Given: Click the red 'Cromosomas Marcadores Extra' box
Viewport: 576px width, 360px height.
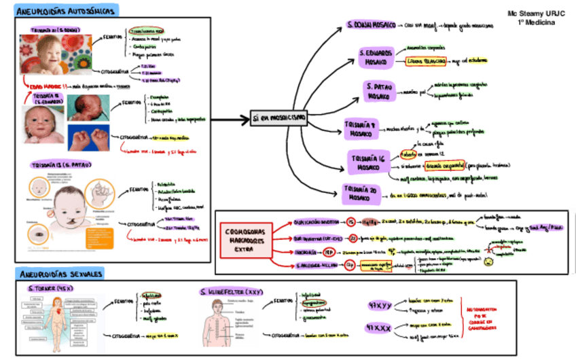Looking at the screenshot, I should pyautogui.click(x=249, y=239).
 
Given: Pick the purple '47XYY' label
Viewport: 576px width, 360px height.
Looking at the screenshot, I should pyautogui.click(x=380, y=304).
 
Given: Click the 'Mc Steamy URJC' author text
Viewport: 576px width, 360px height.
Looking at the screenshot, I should pyautogui.click(x=531, y=13).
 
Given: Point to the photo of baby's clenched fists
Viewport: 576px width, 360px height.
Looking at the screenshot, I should pyautogui.click(x=90, y=139).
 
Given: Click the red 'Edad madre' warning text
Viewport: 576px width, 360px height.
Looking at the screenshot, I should pyautogui.click(x=46, y=86).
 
